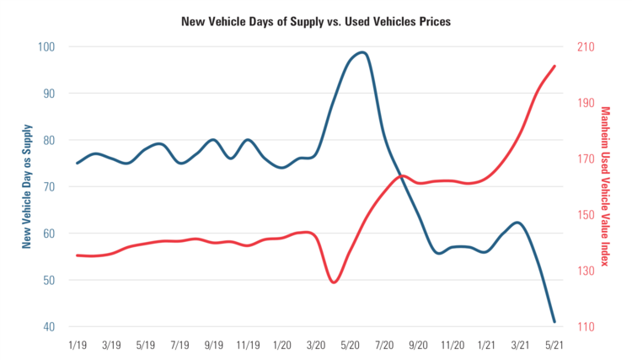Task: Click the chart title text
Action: pos(316,20)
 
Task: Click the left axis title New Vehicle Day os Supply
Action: pos(27,186)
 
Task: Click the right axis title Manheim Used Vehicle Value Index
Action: pos(604,186)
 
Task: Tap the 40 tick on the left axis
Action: pos(51,327)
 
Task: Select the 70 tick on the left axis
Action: pos(51,186)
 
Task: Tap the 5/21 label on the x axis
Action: pos(554,345)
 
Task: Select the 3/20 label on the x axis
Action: pos(316,345)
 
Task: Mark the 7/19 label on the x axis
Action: pos(179,345)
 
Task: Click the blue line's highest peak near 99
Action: pos(362,52)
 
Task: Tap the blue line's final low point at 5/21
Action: pos(554,321)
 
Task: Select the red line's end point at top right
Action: pos(554,66)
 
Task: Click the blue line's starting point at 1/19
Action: pos(77,163)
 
